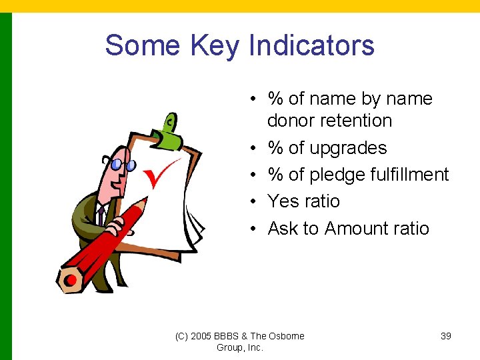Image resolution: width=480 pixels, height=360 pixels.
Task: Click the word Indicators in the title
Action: tap(311, 45)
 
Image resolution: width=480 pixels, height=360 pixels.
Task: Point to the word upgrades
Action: tap(349, 148)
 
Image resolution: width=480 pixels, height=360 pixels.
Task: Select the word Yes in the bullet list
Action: tap(283, 201)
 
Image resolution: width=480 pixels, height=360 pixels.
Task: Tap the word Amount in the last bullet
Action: tap(356, 229)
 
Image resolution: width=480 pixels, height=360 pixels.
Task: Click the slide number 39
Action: tap(446, 336)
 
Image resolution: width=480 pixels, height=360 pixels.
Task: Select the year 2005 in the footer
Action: tap(201, 336)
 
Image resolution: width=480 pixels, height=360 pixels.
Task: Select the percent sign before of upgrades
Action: tap(275, 148)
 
